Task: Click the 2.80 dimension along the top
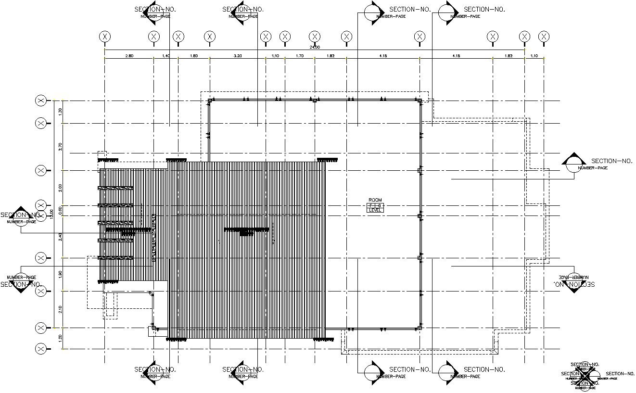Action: pos(129,56)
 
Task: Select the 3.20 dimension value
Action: pos(238,56)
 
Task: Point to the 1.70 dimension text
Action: pos(299,56)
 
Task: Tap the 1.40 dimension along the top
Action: pos(166,56)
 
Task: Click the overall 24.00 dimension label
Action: pos(314,47)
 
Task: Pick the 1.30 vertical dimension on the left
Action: pos(60,111)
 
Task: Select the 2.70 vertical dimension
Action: pos(60,147)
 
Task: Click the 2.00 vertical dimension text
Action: pos(60,188)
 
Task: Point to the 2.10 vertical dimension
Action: pos(60,309)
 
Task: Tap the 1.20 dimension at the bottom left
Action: pos(60,338)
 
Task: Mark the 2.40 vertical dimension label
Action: pos(60,237)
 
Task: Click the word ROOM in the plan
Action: pos(375,200)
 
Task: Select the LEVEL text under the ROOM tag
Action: pos(375,210)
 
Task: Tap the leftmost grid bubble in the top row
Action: pos(105,37)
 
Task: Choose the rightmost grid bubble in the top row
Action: pos(544,37)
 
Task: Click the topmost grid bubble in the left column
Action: pos(41,101)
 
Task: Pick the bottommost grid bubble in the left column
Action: pos(41,349)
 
